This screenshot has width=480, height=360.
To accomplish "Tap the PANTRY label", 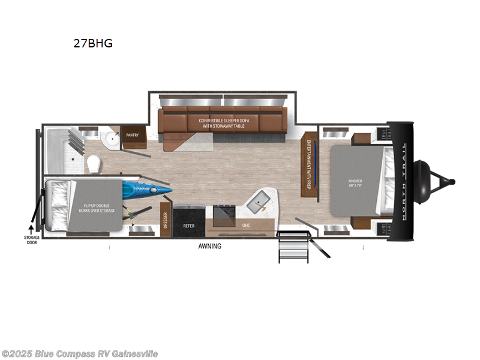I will pyautogui.click(x=132, y=135).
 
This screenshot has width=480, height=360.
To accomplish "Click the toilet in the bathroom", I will pyautogui.click(x=93, y=163).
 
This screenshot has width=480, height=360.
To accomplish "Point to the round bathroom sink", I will pyautogui.click(x=110, y=140).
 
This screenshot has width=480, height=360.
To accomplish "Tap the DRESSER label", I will pyautogui.click(x=164, y=220).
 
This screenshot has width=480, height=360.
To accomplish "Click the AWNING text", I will pyautogui.click(x=210, y=246).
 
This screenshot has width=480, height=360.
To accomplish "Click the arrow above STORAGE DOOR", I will pyautogui.click(x=31, y=229).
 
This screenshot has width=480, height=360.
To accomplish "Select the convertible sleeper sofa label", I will pyautogui.click(x=223, y=123).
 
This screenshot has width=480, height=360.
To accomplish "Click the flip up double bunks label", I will pyautogui.click(x=100, y=208).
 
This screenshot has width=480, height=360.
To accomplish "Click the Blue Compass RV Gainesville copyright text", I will pyautogui.click(x=80, y=353).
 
